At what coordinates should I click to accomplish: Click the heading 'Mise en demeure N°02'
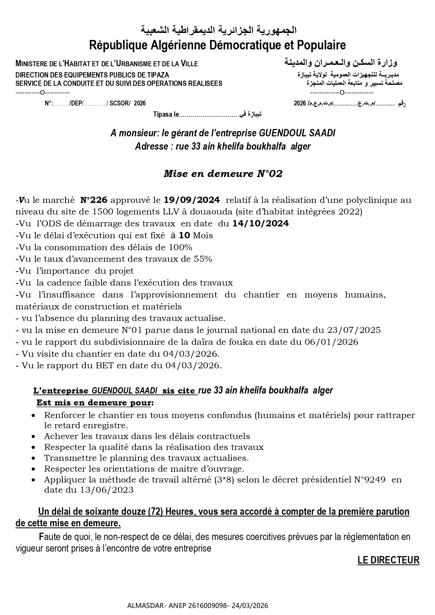click(223, 174)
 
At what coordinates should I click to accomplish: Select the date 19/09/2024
click(192, 200)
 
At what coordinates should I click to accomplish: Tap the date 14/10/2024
click(260, 224)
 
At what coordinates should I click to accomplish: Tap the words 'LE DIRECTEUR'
click(388, 560)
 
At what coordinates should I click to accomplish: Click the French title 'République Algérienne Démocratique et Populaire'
click(217, 45)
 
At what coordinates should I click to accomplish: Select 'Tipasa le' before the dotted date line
click(166, 114)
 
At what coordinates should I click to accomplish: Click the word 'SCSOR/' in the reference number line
click(120, 103)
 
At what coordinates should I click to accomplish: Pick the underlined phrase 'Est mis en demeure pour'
click(94, 403)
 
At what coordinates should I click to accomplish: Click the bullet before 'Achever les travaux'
click(33, 437)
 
